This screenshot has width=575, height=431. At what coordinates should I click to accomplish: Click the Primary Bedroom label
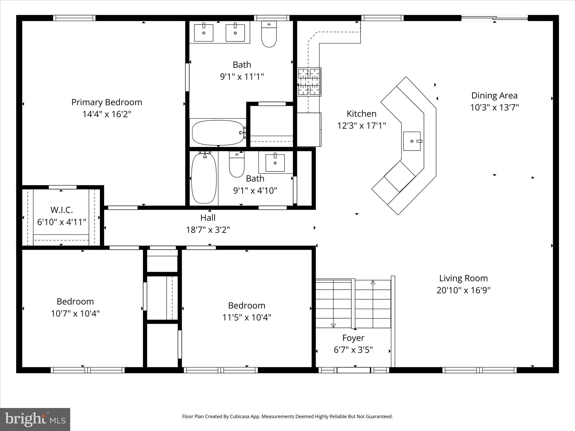107,102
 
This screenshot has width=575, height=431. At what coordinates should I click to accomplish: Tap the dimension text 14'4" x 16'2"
107,114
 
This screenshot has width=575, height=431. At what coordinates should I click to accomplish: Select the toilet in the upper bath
269,34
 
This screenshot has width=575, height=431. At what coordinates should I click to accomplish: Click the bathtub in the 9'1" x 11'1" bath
218,133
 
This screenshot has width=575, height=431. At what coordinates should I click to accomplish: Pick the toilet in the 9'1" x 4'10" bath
237,164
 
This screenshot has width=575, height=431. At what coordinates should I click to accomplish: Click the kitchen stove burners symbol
309,82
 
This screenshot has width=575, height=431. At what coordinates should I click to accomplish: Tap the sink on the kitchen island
412,141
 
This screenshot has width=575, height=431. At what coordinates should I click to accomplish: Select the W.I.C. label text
61,210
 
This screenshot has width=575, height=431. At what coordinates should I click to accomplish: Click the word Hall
208,218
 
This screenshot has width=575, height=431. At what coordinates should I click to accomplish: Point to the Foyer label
353,338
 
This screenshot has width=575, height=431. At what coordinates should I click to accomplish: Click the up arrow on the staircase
373,283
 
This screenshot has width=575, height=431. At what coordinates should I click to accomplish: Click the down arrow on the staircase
333,325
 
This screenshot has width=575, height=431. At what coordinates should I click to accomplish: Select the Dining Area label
494,96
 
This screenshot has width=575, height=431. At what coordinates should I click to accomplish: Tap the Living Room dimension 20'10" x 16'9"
463,290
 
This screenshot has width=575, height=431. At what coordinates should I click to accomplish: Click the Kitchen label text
361,114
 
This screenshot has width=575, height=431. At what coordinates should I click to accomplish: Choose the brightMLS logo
35,419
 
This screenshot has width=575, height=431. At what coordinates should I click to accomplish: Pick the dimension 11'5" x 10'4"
247,318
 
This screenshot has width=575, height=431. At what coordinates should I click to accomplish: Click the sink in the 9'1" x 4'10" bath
275,163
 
